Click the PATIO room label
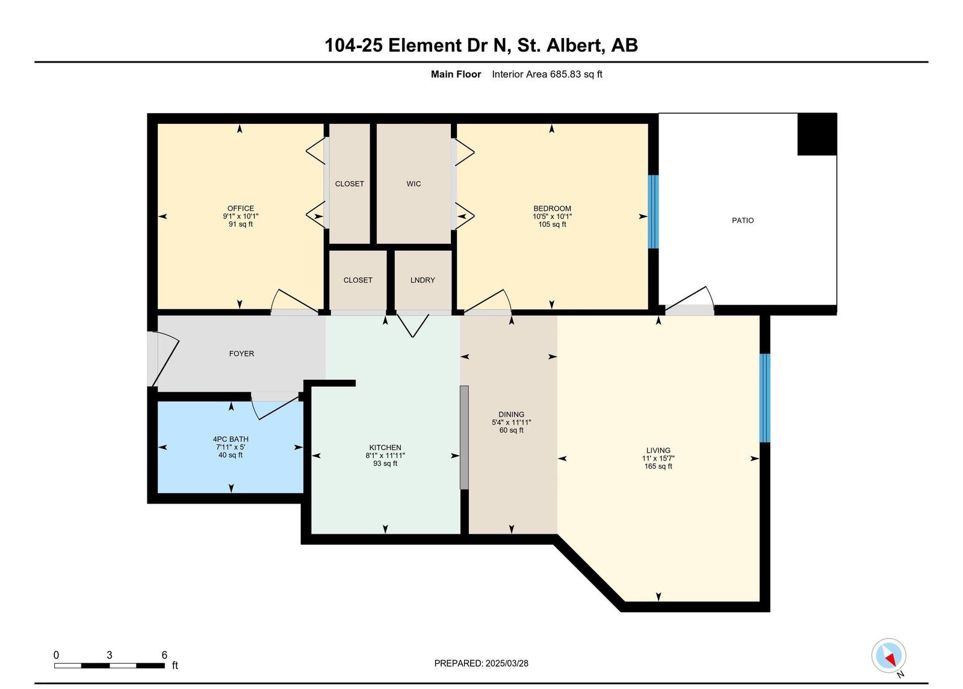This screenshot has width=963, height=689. [743, 220]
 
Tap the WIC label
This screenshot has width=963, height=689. [413, 184]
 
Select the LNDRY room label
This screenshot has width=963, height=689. [423, 280]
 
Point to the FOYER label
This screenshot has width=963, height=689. [241, 354]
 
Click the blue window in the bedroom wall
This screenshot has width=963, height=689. [653, 211]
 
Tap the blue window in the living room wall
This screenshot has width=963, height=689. [764, 398]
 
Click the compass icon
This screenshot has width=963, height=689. [888, 656]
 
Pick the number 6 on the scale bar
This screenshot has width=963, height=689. [164, 655]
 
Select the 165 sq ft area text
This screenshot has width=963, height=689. [658, 466]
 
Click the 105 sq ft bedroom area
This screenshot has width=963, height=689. [552, 224]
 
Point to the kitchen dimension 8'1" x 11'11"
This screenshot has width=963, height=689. [385, 456]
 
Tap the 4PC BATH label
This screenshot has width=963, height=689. [231, 439]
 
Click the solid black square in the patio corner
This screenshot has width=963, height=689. [817, 134]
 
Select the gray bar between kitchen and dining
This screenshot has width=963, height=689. [464, 437]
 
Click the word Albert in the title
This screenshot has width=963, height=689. [574, 45]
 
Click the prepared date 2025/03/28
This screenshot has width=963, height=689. [507, 663]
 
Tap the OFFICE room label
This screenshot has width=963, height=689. [241, 208]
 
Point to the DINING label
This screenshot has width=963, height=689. [511, 415]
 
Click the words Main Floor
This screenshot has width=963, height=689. [456, 75]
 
